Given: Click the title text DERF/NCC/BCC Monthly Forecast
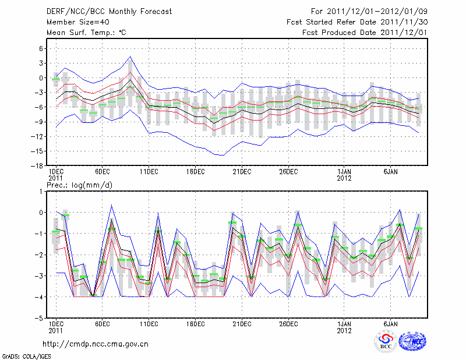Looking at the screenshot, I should (x=103, y=12).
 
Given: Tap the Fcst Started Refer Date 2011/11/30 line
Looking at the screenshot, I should (x=357, y=22).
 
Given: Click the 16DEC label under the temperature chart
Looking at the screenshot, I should (x=195, y=172).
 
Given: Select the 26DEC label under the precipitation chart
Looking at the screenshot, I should (x=288, y=323).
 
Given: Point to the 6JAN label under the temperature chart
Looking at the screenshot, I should (x=390, y=172).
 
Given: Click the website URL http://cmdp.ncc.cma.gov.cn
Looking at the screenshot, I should (x=96, y=344).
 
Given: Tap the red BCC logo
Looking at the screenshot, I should (x=385, y=341).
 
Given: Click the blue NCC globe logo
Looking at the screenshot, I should (x=412, y=341).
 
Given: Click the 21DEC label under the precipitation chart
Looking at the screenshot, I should (x=242, y=323).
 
